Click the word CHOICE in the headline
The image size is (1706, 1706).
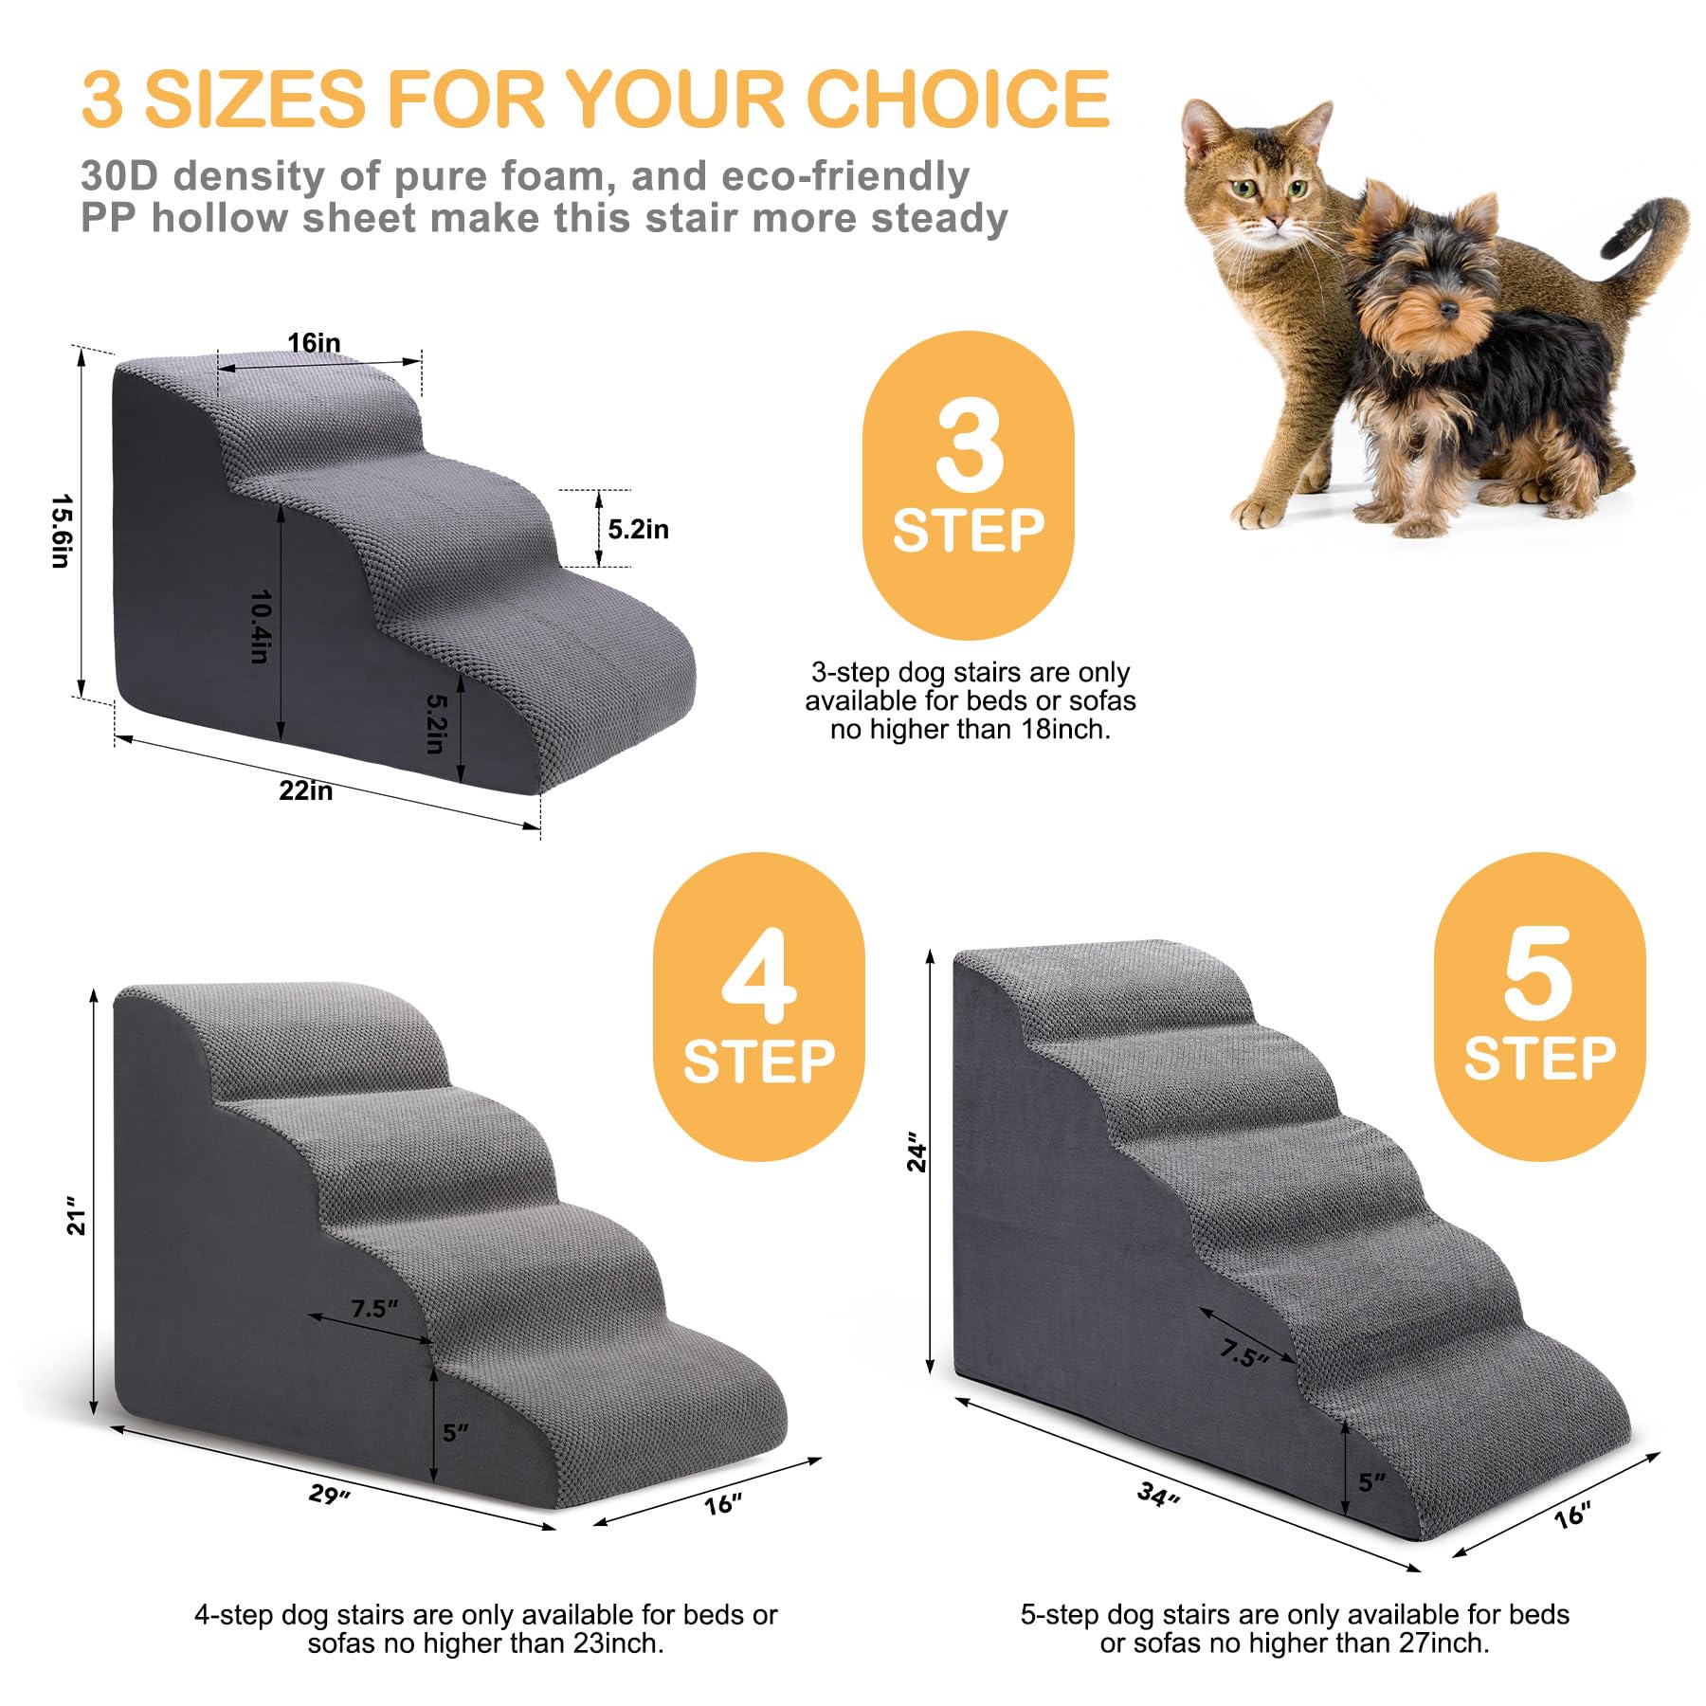pos(956,99)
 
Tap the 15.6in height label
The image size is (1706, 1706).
pos(61,530)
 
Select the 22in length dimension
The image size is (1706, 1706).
pos(305,790)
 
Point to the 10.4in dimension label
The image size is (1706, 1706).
pos(261,626)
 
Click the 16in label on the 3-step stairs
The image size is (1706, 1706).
pos(314,342)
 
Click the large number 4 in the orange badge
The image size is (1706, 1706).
pos(759,976)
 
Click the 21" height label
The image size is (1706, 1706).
pos(76,1222)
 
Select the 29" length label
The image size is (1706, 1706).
pos(329,1495)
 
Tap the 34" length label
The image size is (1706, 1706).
pos(1158,1496)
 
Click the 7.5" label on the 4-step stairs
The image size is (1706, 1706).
pos(374,1309)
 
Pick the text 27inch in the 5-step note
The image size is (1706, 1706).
pos(1443,1642)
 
